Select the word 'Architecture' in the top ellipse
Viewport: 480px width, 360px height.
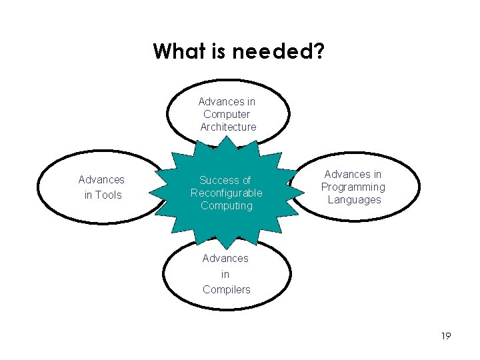click(x=228, y=127)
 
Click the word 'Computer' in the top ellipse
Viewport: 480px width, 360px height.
click(x=227, y=114)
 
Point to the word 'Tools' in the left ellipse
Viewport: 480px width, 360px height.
click(x=108, y=195)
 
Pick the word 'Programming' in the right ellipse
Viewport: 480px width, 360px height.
click(x=353, y=187)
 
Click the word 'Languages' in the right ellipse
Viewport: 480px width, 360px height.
click(x=354, y=199)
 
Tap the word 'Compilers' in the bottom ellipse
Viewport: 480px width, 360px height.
click(x=227, y=289)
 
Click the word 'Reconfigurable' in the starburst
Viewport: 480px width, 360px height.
click(x=227, y=193)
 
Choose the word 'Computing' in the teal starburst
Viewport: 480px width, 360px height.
click(x=227, y=205)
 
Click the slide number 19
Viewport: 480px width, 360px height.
click(x=446, y=336)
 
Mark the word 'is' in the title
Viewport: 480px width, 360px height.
click(x=219, y=51)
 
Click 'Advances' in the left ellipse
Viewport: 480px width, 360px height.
click(x=101, y=179)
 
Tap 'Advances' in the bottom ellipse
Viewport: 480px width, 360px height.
click(x=225, y=258)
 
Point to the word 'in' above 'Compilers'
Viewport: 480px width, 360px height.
click(x=225, y=274)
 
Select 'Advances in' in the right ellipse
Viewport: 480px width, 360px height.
click(x=353, y=174)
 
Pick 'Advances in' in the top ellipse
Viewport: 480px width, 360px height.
click(x=227, y=101)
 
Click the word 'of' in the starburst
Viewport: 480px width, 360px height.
click(x=245, y=180)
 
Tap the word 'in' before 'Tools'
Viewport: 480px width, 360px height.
click(x=89, y=195)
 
